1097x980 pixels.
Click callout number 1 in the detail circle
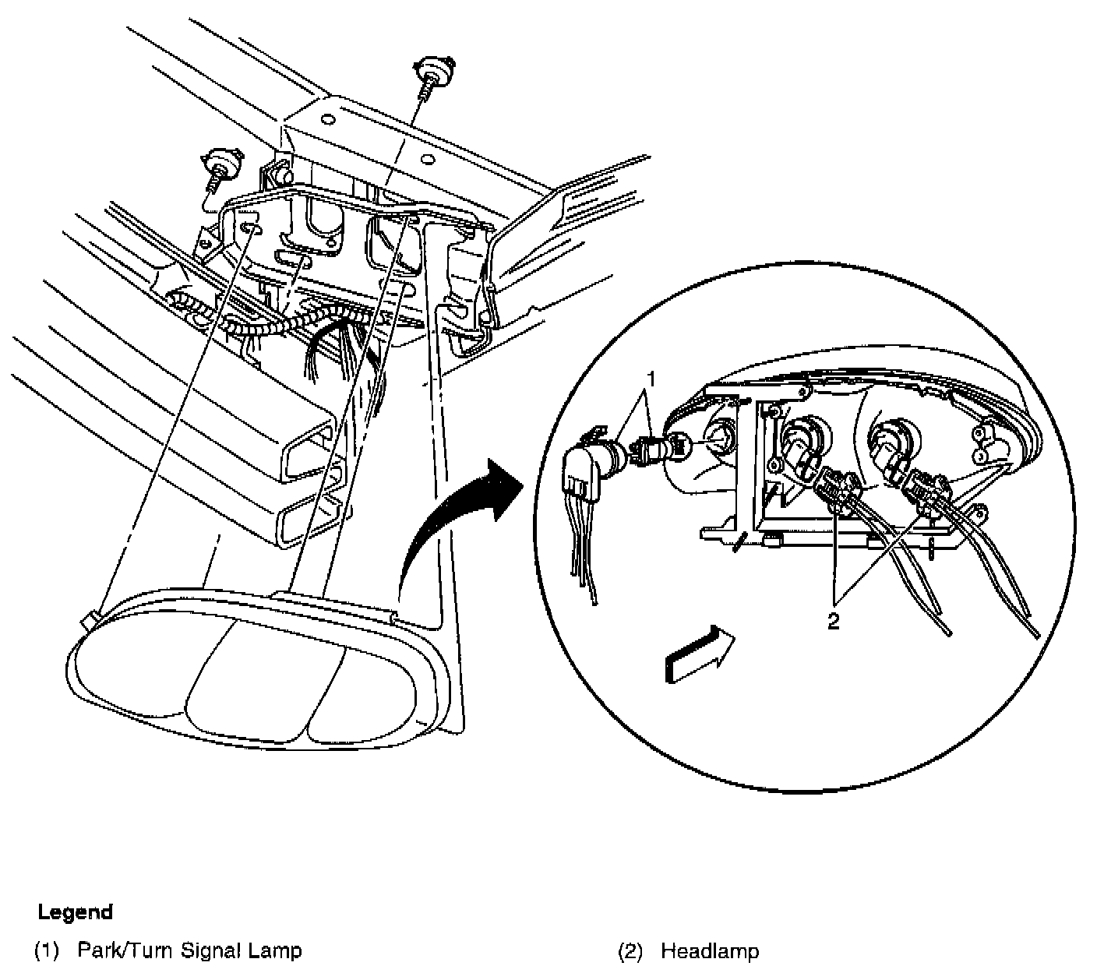pyautogui.click(x=653, y=380)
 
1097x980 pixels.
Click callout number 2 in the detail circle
pyautogui.click(x=833, y=622)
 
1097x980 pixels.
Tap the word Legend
pyautogui.click(x=76, y=912)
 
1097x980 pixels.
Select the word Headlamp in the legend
pyautogui.click(x=710, y=951)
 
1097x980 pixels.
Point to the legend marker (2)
pyautogui.click(x=630, y=951)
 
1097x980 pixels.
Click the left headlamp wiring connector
pyautogui.click(x=833, y=488)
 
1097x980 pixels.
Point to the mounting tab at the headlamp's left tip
pyautogui.click(x=90, y=620)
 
